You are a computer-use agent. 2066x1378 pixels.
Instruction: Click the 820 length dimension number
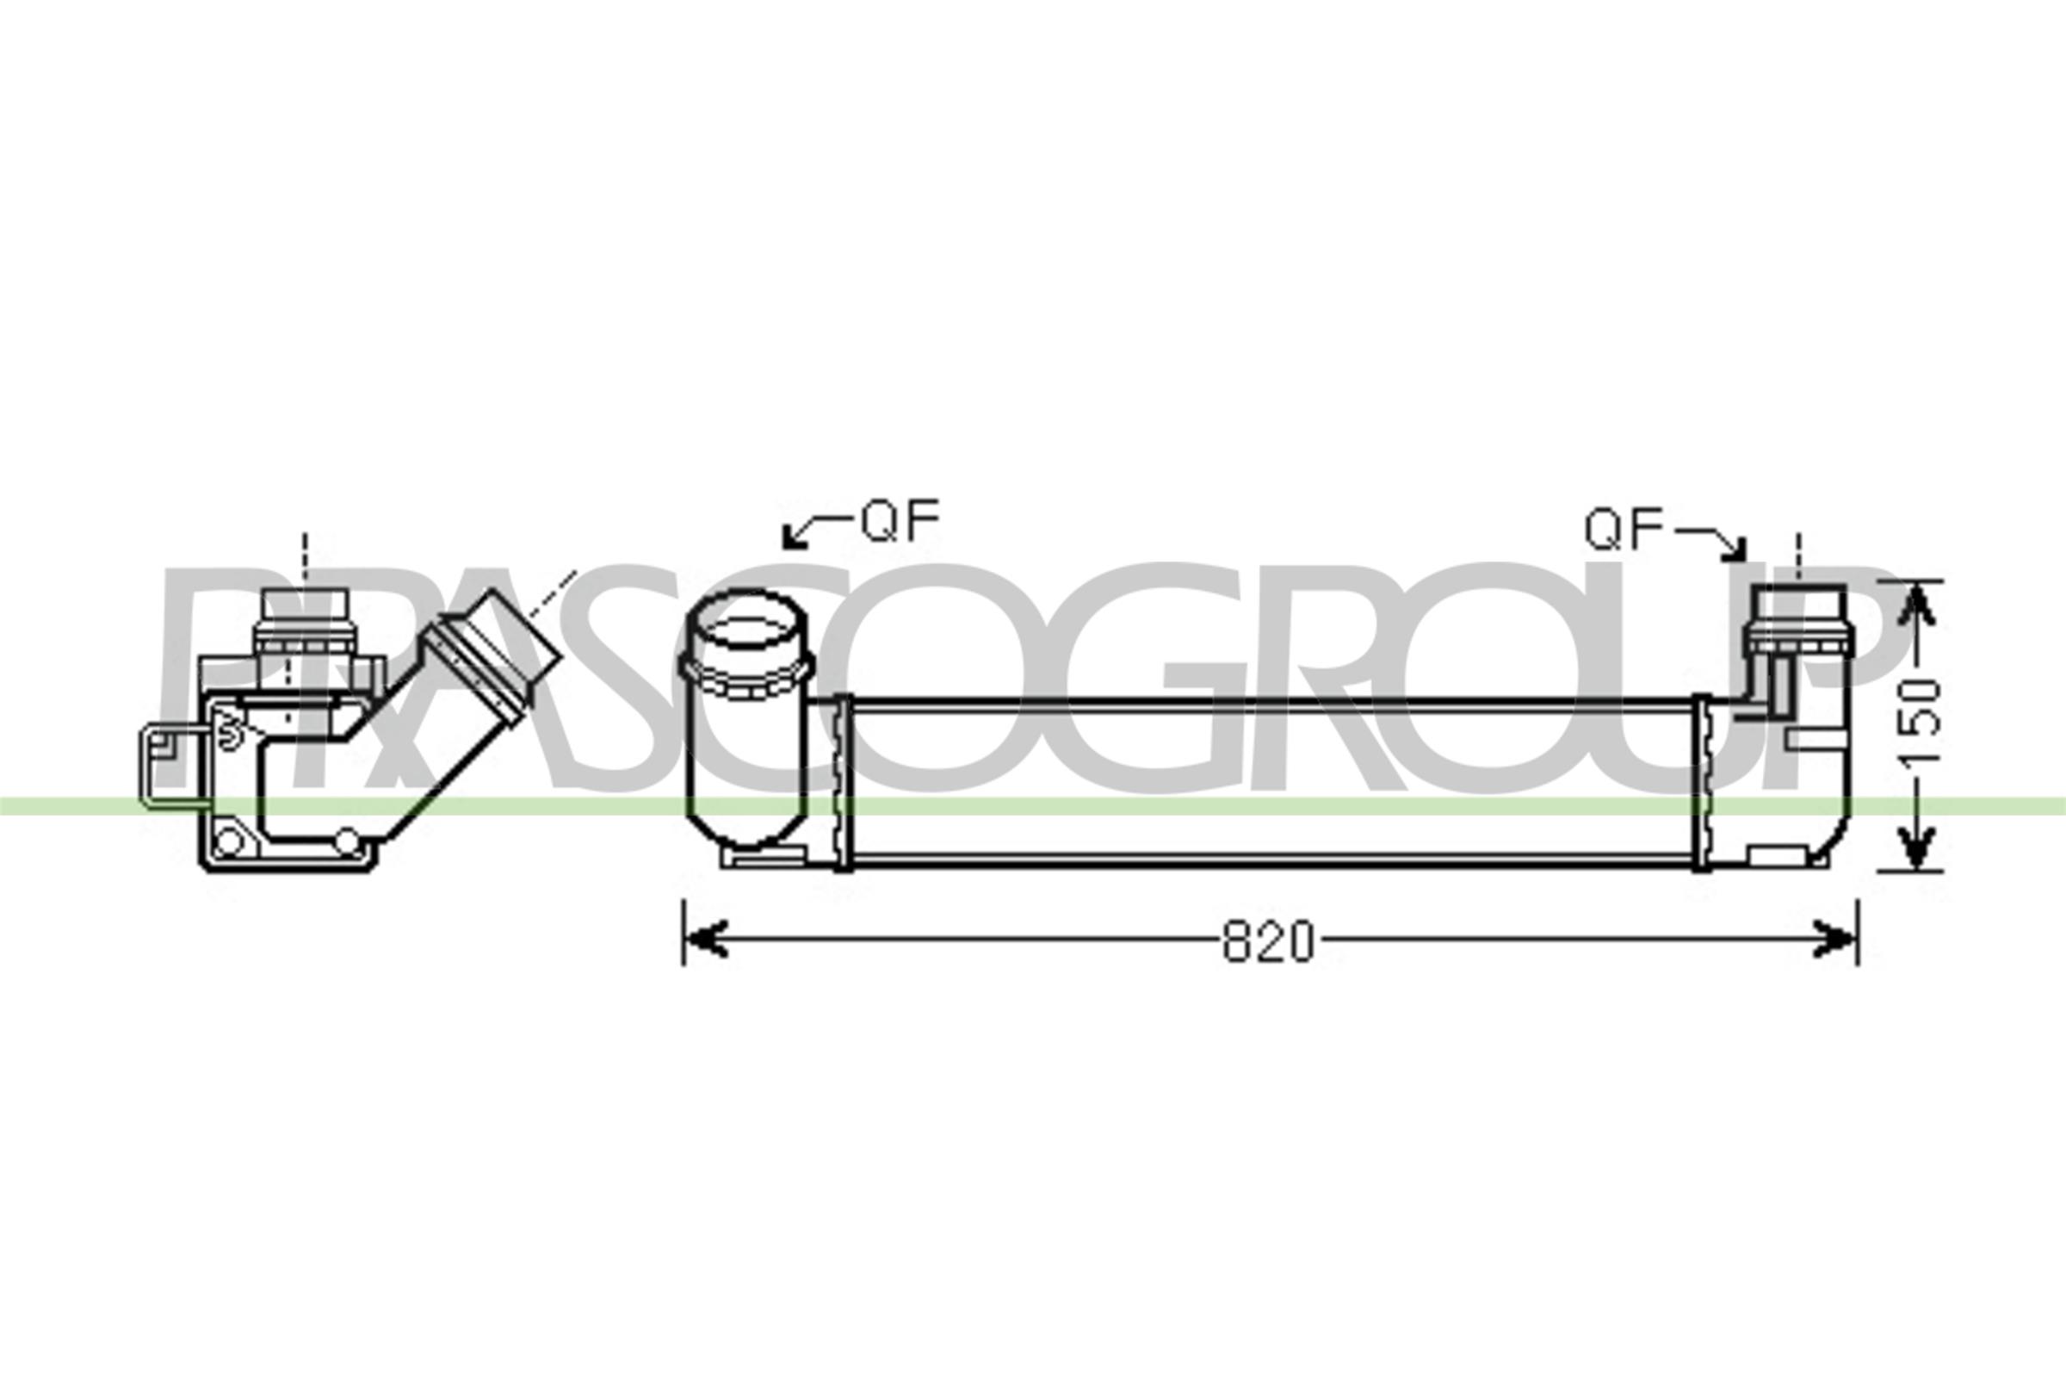(x=1268, y=942)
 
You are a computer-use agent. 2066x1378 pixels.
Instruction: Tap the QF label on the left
(x=900, y=521)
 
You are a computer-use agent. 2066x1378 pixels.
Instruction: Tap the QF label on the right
(x=1624, y=530)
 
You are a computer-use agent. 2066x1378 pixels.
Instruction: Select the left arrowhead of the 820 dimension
(x=706, y=939)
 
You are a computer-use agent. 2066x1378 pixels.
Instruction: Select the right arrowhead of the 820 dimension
(x=1834, y=939)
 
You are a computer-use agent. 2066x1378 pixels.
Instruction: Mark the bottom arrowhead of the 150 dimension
(x=1917, y=848)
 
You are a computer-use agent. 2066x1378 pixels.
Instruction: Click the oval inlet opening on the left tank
(x=745, y=620)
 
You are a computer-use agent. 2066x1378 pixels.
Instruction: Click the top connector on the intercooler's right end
(x=1798, y=618)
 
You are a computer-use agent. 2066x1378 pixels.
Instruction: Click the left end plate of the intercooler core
(x=842, y=781)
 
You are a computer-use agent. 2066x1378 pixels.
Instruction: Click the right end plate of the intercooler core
(x=1702, y=781)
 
